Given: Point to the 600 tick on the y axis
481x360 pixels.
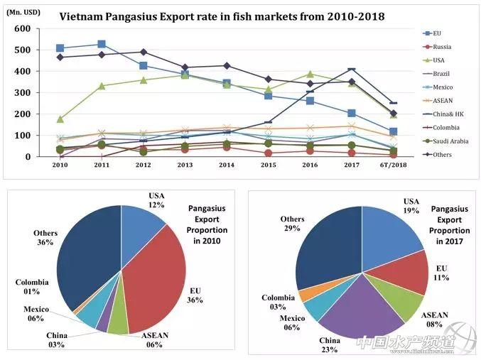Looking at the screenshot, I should [22, 28].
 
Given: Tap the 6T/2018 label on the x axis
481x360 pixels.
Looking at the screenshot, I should [392, 165].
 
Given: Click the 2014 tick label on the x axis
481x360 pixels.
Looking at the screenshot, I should [227, 165].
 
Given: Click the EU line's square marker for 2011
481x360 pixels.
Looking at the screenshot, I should [102, 44].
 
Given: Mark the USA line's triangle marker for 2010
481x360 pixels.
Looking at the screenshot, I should [60, 119].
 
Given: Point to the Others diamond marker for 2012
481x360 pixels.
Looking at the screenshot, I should [144, 52].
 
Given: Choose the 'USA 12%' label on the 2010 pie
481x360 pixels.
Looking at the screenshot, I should [158, 200].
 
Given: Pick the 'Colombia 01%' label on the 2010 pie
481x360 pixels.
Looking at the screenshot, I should [32, 287].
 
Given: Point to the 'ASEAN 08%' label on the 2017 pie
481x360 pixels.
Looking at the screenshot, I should [435, 320].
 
